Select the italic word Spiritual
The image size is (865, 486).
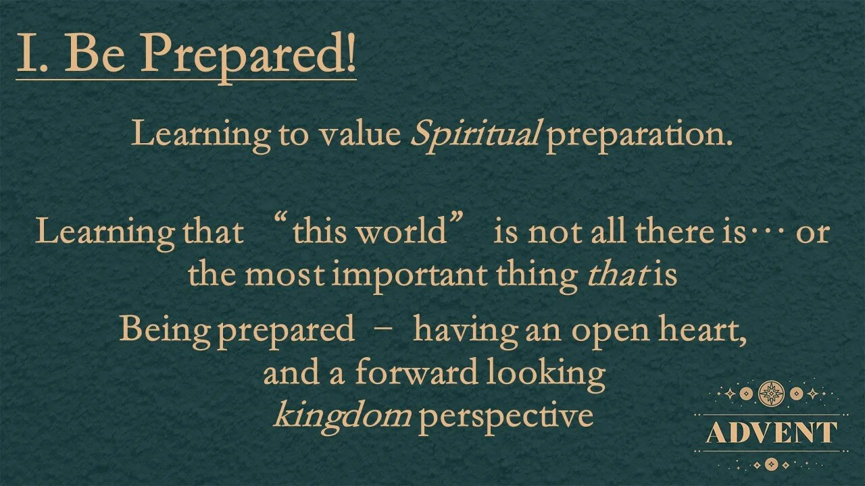pos(474,134)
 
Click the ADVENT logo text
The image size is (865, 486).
pos(771,433)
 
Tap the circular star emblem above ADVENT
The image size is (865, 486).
pos(771,392)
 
